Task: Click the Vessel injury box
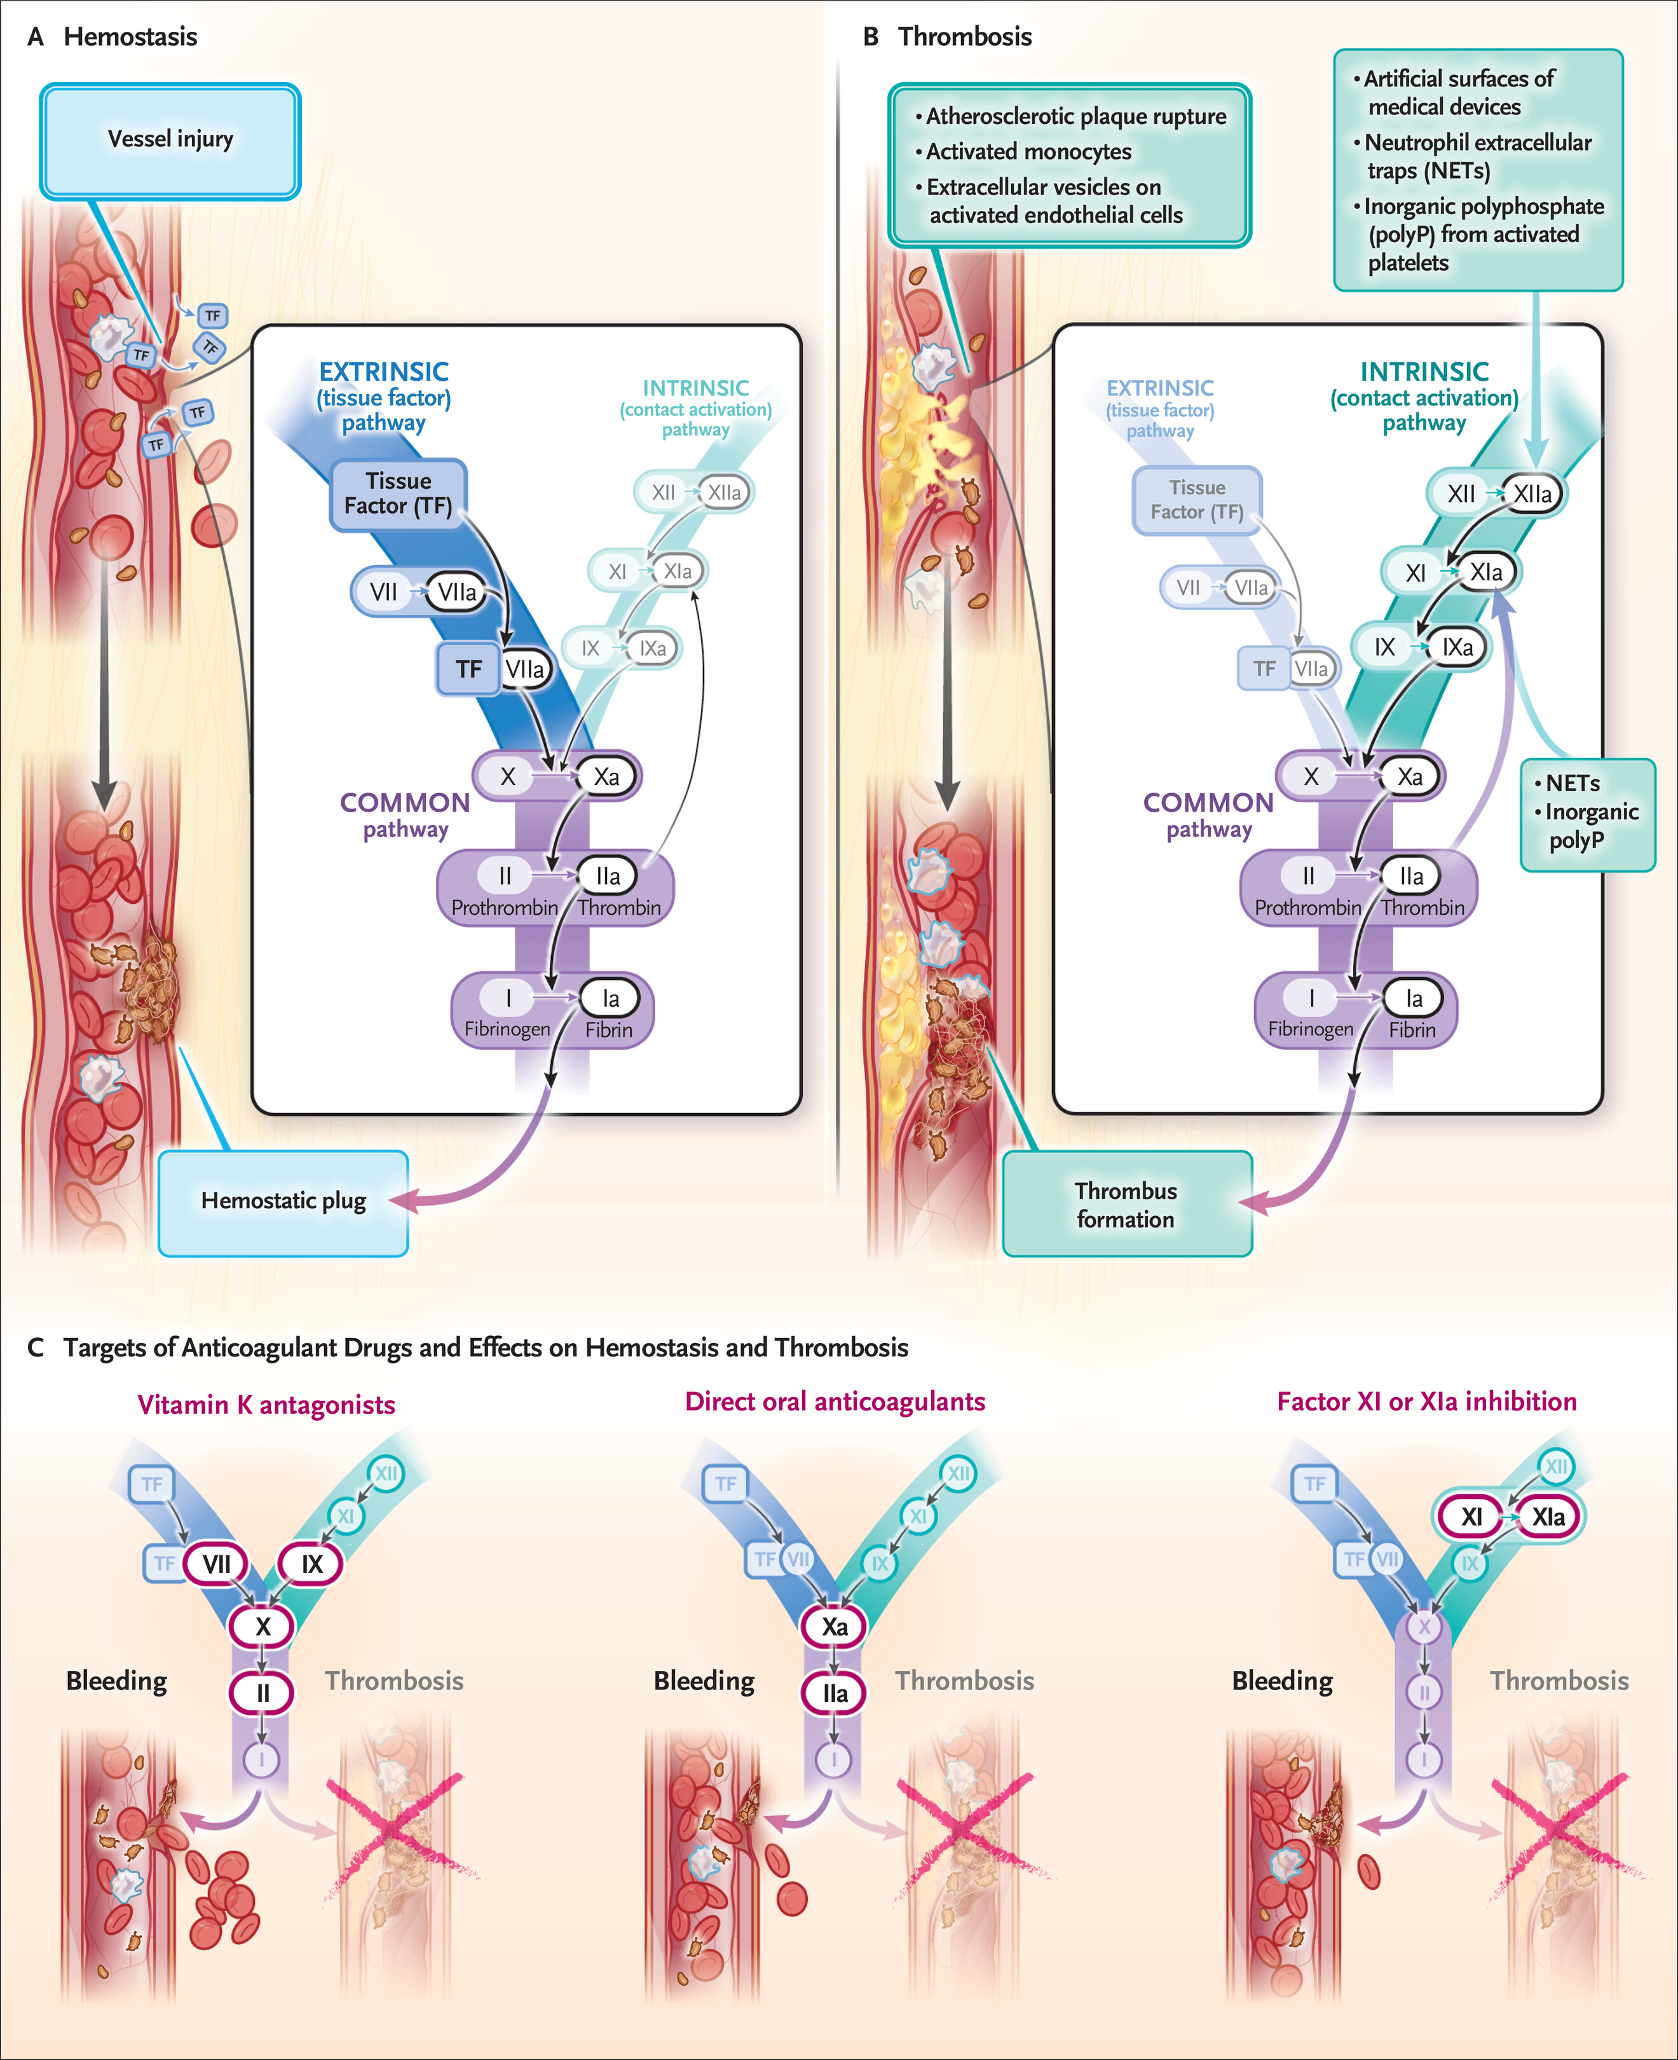(170, 140)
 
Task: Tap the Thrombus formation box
(1126, 1204)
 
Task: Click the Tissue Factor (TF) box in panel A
(399, 494)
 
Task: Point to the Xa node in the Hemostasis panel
(606, 776)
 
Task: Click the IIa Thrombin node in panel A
(608, 877)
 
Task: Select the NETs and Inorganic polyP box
(1587, 813)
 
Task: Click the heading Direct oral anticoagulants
(835, 1402)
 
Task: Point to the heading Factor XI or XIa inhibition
(1427, 1402)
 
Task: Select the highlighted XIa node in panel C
(1548, 1517)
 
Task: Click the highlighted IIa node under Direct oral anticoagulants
(835, 1694)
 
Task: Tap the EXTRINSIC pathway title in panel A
(384, 397)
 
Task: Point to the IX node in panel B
(1384, 648)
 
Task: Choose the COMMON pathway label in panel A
(405, 815)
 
